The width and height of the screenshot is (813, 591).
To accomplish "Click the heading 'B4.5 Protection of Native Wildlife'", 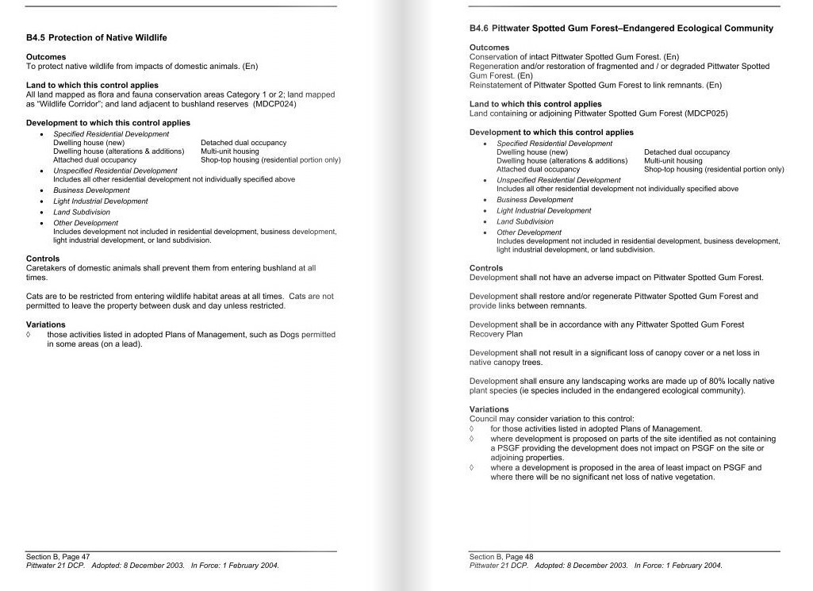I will (96, 38).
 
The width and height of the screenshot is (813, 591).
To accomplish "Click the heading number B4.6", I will (479, 29).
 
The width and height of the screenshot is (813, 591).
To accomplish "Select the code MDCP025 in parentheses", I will (705, 113).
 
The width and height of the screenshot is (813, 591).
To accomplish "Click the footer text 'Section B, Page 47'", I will (58, 557).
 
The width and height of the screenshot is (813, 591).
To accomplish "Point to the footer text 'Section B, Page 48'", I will (501, 557).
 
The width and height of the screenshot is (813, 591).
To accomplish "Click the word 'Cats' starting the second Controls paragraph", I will (35, 296).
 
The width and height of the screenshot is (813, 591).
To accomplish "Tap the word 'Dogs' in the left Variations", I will (290, 335).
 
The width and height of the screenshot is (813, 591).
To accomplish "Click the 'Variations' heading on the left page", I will (46, 324).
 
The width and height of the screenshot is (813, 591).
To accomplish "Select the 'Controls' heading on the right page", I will (486, 268).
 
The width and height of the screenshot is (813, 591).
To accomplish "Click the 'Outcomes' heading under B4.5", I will (46, 57).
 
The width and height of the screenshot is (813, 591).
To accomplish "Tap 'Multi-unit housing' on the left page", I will (230, 152).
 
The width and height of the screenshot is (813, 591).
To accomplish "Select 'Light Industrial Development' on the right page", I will (543, 211).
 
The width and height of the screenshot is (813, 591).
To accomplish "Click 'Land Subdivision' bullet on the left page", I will (82, 213).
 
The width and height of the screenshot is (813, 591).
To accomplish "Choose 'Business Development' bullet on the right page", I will (535, 200).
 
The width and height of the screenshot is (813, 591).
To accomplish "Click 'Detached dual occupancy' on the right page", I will (687, 152).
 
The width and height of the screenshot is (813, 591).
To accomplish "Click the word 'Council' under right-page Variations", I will (484, 419).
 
